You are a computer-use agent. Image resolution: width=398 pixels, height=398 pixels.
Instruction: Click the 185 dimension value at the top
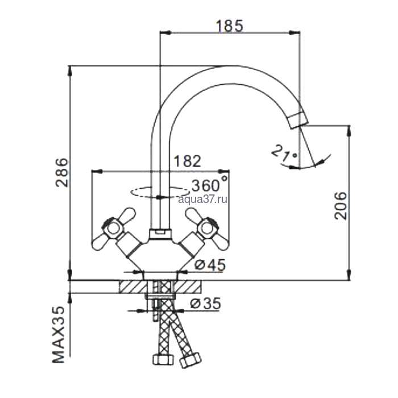pyautogui.click(x=229, y=26)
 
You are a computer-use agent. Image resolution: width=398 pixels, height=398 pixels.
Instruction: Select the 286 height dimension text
pyautogui.click(x=62, y=173)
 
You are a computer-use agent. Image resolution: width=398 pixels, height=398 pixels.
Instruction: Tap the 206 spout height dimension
pyautogui.click(x=340, y=206)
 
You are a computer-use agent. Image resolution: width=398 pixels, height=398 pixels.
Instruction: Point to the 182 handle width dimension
pyautogui.click(x=187, y=161)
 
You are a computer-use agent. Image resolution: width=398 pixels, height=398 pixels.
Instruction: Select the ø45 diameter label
pyautogui.click(x=210, y=265)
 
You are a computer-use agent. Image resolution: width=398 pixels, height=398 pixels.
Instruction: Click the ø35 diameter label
pyautogui.click(x=205, y=303)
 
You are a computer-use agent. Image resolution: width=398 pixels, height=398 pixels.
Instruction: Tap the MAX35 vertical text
pyautogui.click(x=59, y=334)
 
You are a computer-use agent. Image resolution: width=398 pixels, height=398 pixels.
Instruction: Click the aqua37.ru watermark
pyautogui.click(x=202, y=200)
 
